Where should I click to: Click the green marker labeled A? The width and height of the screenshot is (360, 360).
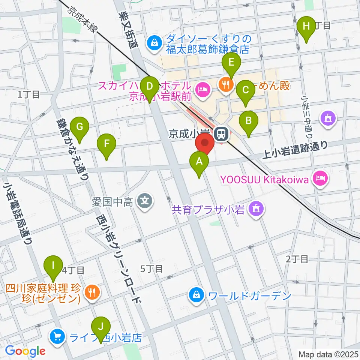coord(199,162)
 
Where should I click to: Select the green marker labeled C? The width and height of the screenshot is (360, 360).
coord(246,90)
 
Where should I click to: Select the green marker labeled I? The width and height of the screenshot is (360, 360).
coord(53,266)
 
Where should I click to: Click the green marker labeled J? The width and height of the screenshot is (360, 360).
coord(100,327)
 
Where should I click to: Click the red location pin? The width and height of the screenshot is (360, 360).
coord(205,144)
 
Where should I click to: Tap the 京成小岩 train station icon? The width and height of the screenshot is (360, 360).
coord(221,133)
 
